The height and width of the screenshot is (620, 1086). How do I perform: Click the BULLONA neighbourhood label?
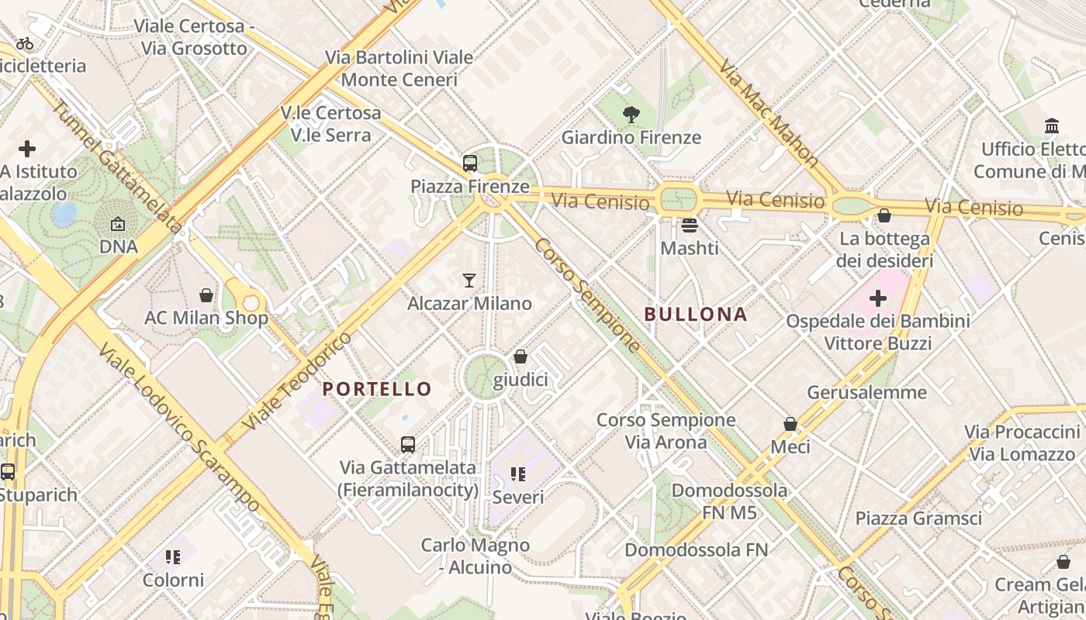click(x=696, y=314)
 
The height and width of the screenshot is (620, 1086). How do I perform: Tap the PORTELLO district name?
click(x=377, y=389)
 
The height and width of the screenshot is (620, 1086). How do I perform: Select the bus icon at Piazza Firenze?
click(x=469, y=164)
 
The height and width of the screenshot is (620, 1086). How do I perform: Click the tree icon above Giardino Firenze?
click(x=631, y=115)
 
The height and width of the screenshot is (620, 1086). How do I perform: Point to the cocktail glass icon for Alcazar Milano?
click(x=469, y=280)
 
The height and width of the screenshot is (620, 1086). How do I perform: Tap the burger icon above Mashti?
click(x=689, y=226)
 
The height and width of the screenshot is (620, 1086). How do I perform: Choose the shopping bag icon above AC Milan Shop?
click(x=206, y=295)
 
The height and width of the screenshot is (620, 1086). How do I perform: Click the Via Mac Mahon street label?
click(x=769, y=114)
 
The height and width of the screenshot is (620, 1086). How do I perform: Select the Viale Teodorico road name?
click(x=296, y=381)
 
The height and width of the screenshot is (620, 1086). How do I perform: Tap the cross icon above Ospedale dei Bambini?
click(x=877, y=298)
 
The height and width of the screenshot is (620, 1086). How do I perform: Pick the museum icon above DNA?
click(x=118, y=224)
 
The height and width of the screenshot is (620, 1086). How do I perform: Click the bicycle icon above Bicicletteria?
click(x=25, y=43)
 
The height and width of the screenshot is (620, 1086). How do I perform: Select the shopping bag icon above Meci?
click(x=790, y=424)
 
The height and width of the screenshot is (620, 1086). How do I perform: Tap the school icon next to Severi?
click(x=517, y=474)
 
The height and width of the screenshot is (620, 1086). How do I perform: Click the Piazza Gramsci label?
click(x=918, y=518)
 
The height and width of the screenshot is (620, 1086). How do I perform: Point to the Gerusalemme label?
click(x=866, y=392)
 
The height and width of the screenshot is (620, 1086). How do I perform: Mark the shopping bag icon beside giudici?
click(x=521, y=356)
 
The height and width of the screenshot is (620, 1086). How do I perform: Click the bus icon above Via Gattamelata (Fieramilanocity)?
click(x=408, y=445)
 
